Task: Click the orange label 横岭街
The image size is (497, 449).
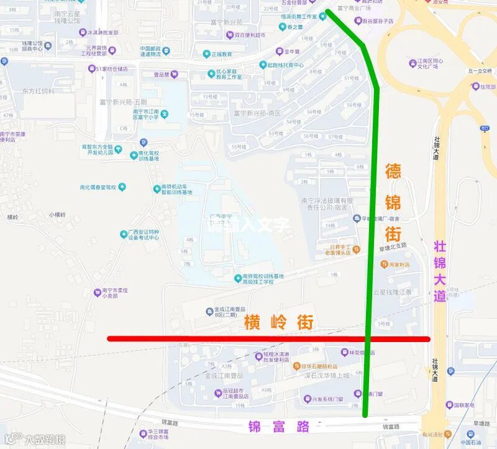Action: [278, 323]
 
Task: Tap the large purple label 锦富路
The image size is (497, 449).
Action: [279, 427]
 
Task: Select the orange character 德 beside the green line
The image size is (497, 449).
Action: [393, 172]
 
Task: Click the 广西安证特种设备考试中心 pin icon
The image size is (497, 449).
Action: [124, 234]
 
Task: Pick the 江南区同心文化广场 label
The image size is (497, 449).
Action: [429, 65]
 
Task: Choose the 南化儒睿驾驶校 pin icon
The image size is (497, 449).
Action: [122, 187]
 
